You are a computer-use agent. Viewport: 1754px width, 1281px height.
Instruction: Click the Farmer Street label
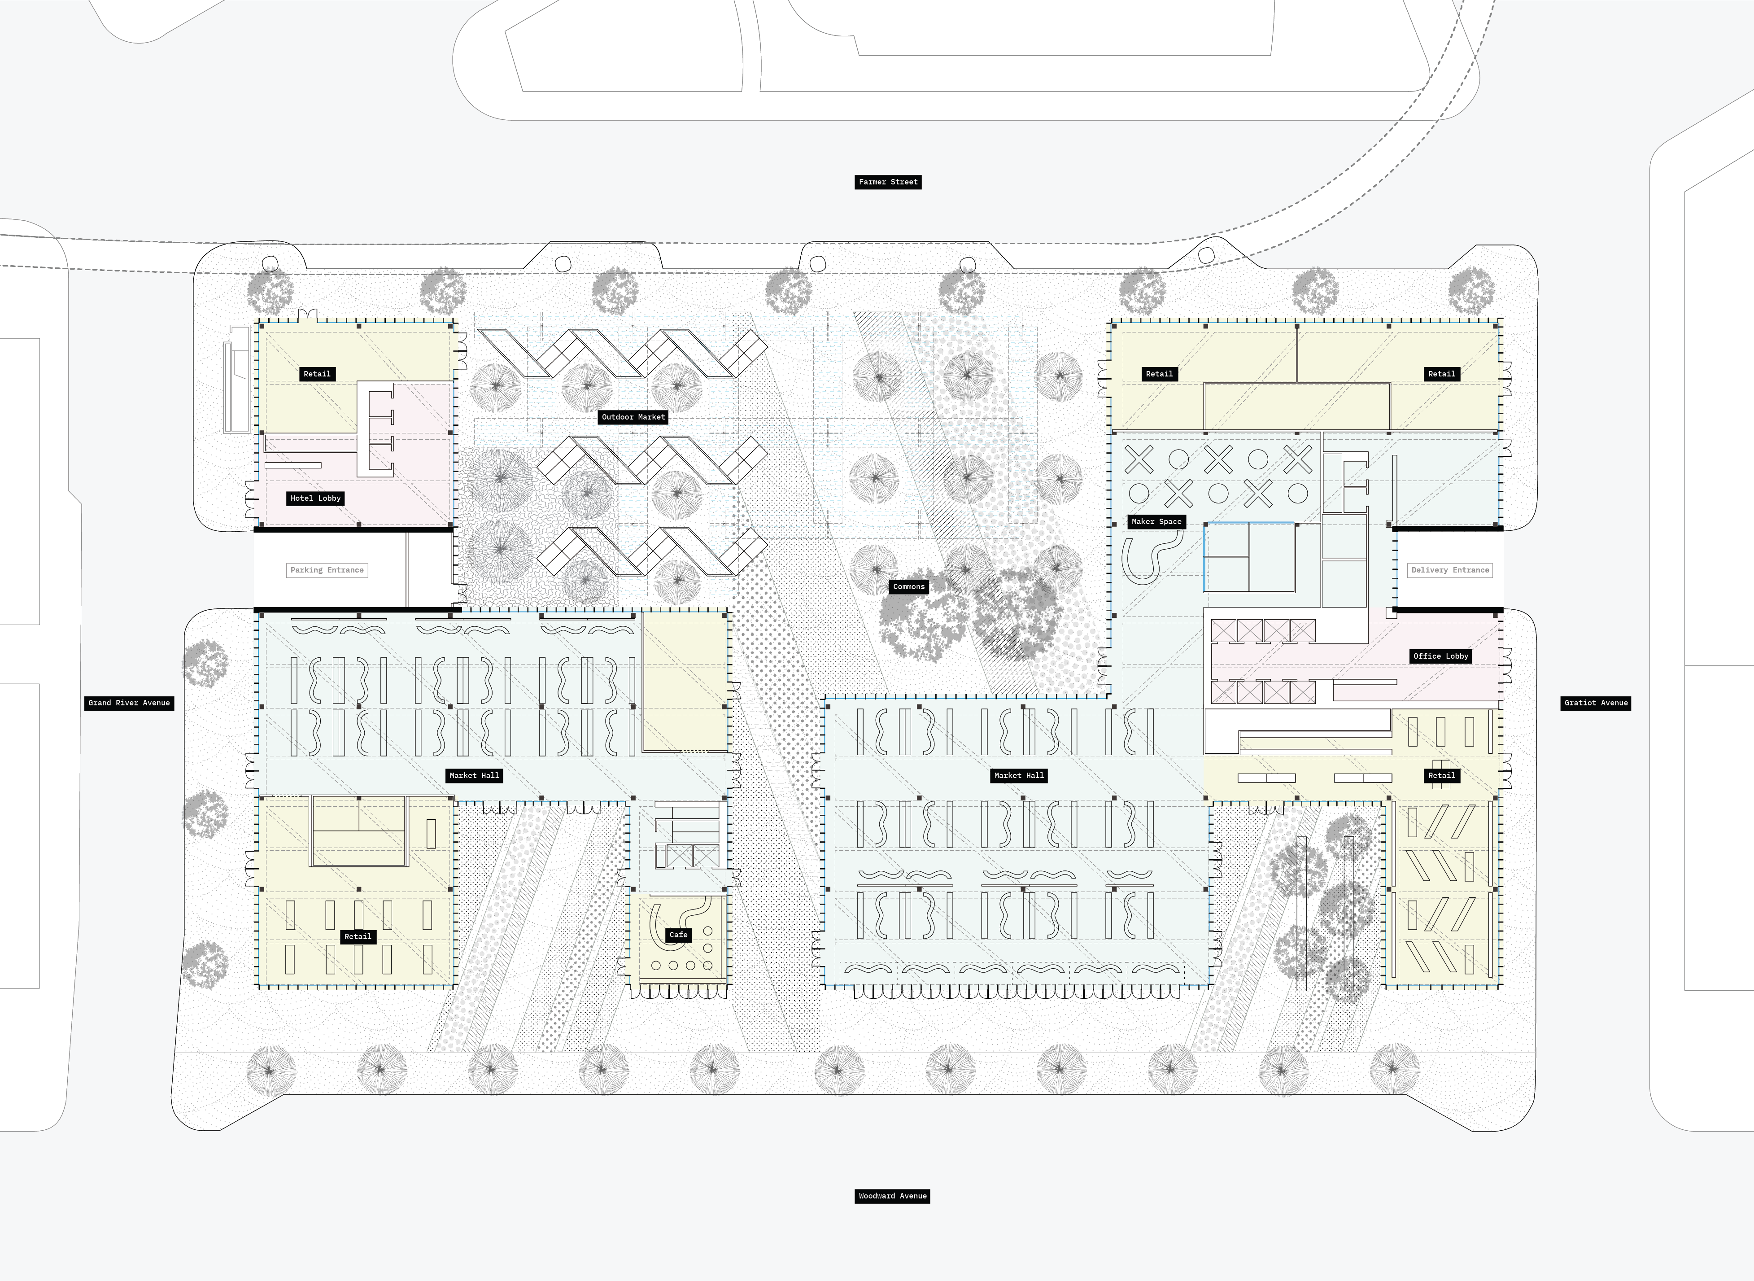(888, 182)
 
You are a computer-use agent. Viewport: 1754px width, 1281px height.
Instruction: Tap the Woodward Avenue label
(892, 1196)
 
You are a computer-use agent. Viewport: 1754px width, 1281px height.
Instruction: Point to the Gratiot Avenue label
(1596, 703)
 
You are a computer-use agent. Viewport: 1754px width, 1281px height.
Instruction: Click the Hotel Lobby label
(315, 498)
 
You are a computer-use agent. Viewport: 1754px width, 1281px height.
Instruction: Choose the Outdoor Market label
(633, 417)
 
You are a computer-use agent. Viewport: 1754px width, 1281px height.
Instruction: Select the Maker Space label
(1156, 522)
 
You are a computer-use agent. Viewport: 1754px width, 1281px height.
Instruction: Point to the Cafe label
(678, 935)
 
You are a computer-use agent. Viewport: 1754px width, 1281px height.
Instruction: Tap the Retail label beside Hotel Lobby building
(317, 374)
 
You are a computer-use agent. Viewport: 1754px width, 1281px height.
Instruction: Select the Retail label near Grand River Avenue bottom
(358, 937)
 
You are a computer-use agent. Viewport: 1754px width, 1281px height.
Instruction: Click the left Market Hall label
(474, 775)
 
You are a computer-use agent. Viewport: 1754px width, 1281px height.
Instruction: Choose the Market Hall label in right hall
(1019, 775)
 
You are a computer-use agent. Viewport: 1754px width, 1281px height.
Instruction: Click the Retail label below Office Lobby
(1442, 775)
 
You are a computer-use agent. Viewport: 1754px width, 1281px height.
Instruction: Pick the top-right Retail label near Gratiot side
(1442, 374)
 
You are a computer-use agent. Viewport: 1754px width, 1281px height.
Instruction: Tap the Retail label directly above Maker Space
(1160, 374)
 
